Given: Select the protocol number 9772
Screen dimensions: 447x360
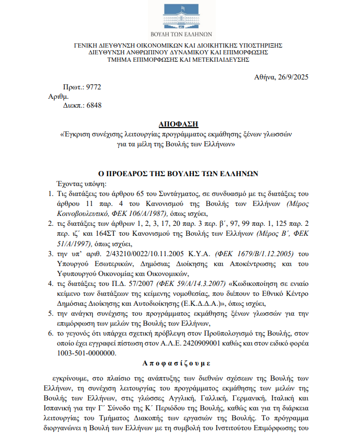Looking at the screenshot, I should point(94,87).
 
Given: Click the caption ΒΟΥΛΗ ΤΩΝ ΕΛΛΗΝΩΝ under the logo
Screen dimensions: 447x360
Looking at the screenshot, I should point(179,33).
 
